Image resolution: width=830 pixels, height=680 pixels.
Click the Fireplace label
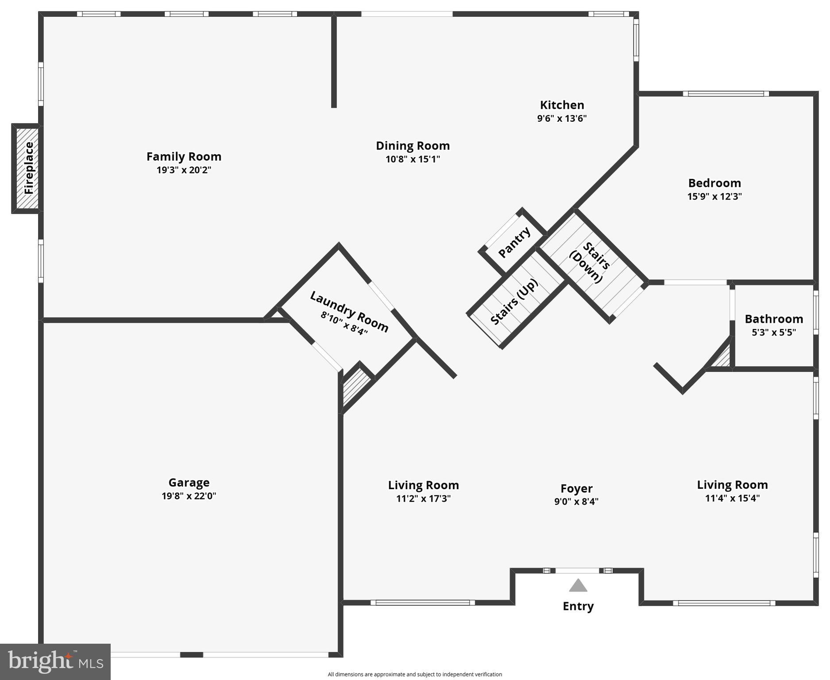click(x=29, y=168)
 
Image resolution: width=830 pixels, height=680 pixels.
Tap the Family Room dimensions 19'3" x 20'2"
click(x=184, y=170)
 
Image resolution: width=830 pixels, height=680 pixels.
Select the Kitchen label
click(x=562, y=105)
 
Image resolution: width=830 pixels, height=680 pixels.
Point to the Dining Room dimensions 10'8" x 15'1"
click(x=413, y=159)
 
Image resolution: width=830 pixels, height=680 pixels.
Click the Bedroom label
click(x=714, y=183)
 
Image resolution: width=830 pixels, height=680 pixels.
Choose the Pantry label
click(x=514, y=243)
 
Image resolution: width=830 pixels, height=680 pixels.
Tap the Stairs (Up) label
click(x=514, y=302)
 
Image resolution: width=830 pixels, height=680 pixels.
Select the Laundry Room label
click(x=349, y=311)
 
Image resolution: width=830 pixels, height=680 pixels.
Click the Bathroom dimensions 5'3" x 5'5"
click(x=773, y=332)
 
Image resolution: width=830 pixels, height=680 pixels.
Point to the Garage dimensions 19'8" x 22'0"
click(x=189, y=496)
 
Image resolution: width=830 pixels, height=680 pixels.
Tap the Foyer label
click(x=576, y=488)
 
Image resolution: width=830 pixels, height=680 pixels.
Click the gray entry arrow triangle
click(x=578, y=586)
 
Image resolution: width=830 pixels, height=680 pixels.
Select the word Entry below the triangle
click(x=578, y=606)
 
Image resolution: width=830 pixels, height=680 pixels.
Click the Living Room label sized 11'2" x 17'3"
click(x=423, y=485)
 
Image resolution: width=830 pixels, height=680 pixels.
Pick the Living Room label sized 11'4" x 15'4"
click(x=732, y=485)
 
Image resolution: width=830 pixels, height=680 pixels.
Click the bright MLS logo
click(x=55, y=661)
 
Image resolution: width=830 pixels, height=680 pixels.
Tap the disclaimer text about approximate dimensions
click(x=414, y=674)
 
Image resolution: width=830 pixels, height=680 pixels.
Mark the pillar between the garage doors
click(x=191, y=655)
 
